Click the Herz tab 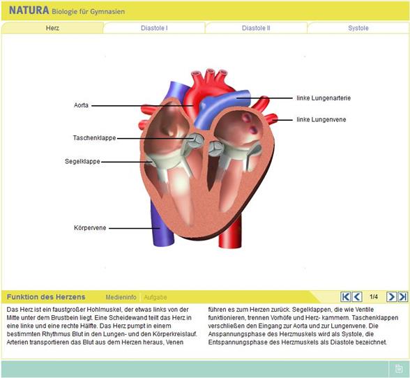point(52,28)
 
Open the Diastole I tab point(154,28)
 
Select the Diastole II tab point(256,28)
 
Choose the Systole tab point(358,28)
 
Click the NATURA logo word point(29,10)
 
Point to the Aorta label point(81,105)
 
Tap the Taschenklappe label point(94,138)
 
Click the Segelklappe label point(82,161)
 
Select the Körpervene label point(90,228)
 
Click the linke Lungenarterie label point(324,98)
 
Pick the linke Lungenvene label point(321,119)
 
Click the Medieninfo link point(121,297)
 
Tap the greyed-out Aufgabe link point(155,297)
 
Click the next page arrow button point(391,296)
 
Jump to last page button point(403,296)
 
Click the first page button point(345,296)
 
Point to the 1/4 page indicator point(374,296)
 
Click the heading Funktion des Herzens point(46,297)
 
